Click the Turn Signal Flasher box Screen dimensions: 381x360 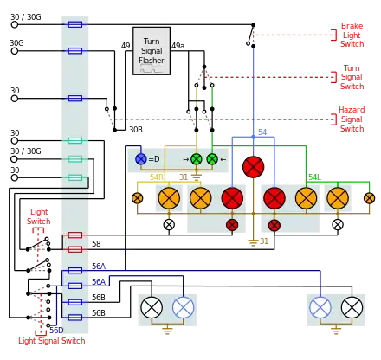pyautogui.click(x=152, y=51)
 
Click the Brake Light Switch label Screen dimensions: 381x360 pyautogui.click(x=352, y=35)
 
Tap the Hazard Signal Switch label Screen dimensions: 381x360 pyautogui.click(x=352, y=119)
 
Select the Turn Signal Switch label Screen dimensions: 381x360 pyautogui.click(x=352, y=77)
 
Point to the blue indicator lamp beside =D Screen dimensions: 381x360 pyautogui.click(x=141, y=159)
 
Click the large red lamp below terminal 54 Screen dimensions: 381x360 pyautogui.click(x=253, y=167)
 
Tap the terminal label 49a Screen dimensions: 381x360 pyautogui.click(x=178, y=46)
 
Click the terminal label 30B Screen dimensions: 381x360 pyautogui.click(x=136, y=130)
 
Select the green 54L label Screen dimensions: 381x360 pyautogui.click(x=314, y=177)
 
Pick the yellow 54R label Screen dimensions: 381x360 pyautogui.click(x=157, y=177)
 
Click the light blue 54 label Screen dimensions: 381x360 pyautogui.click(x=262, y=132)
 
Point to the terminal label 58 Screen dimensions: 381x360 pyautogui.click(x=96, y=244)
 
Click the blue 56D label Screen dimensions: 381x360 pyautogui.click(x=56, y=331)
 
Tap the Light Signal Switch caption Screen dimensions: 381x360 pyautogui.click(x=52, y=341)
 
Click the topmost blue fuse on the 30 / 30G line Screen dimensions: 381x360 pyautogui.click(x=75, y=24)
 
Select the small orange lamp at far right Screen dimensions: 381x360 pyautogui.click(x=369, y=198)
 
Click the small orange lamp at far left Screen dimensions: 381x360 pyautogui.click(x=137, y=198)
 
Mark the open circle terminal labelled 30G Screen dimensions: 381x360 pyautogui.click(x=14, y=51)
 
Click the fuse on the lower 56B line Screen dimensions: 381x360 pyautogui.click(x=75, y=318)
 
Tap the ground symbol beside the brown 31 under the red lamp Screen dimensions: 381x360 pyautogui.click(x=253, y=242)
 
